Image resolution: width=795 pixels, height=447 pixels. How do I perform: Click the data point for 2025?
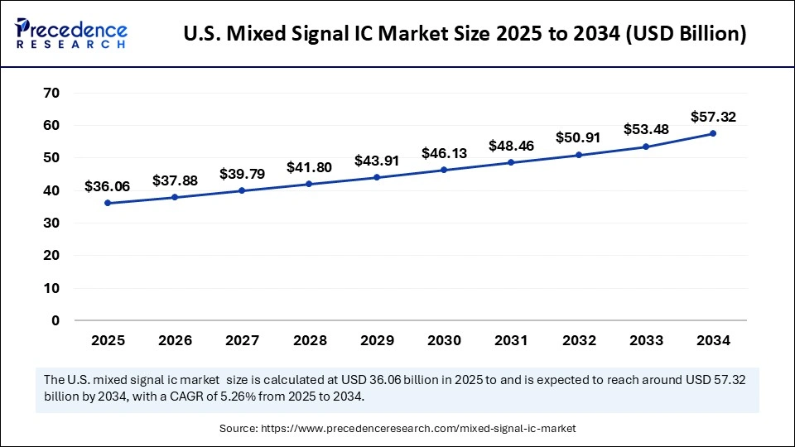click(x=108, y=203)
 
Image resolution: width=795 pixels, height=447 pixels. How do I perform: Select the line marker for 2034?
click(x=712, y=133)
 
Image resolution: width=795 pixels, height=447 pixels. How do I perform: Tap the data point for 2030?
click(x=444, y=170)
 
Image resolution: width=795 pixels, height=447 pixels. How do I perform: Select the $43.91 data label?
click(x=376, y=161)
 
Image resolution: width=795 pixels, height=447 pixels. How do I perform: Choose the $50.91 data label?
click(x=578, y=138)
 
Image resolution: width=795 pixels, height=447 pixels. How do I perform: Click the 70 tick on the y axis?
click(x=51, y=93)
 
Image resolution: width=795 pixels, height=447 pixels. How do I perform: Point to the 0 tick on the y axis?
click(x=55, y=320)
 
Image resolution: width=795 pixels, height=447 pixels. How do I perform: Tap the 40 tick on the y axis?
click(x=51, y=190)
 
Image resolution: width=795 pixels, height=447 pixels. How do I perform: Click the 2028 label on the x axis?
click(x=309, y=340)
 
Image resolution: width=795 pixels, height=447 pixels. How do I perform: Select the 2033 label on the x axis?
click(x=645, y=340)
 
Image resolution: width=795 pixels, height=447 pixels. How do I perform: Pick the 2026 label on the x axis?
click(x=175, y=340)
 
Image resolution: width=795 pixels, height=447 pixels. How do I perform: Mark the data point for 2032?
click(x=578, y=155)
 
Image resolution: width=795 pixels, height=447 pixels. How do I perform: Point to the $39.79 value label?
click(x=241, y=174)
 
